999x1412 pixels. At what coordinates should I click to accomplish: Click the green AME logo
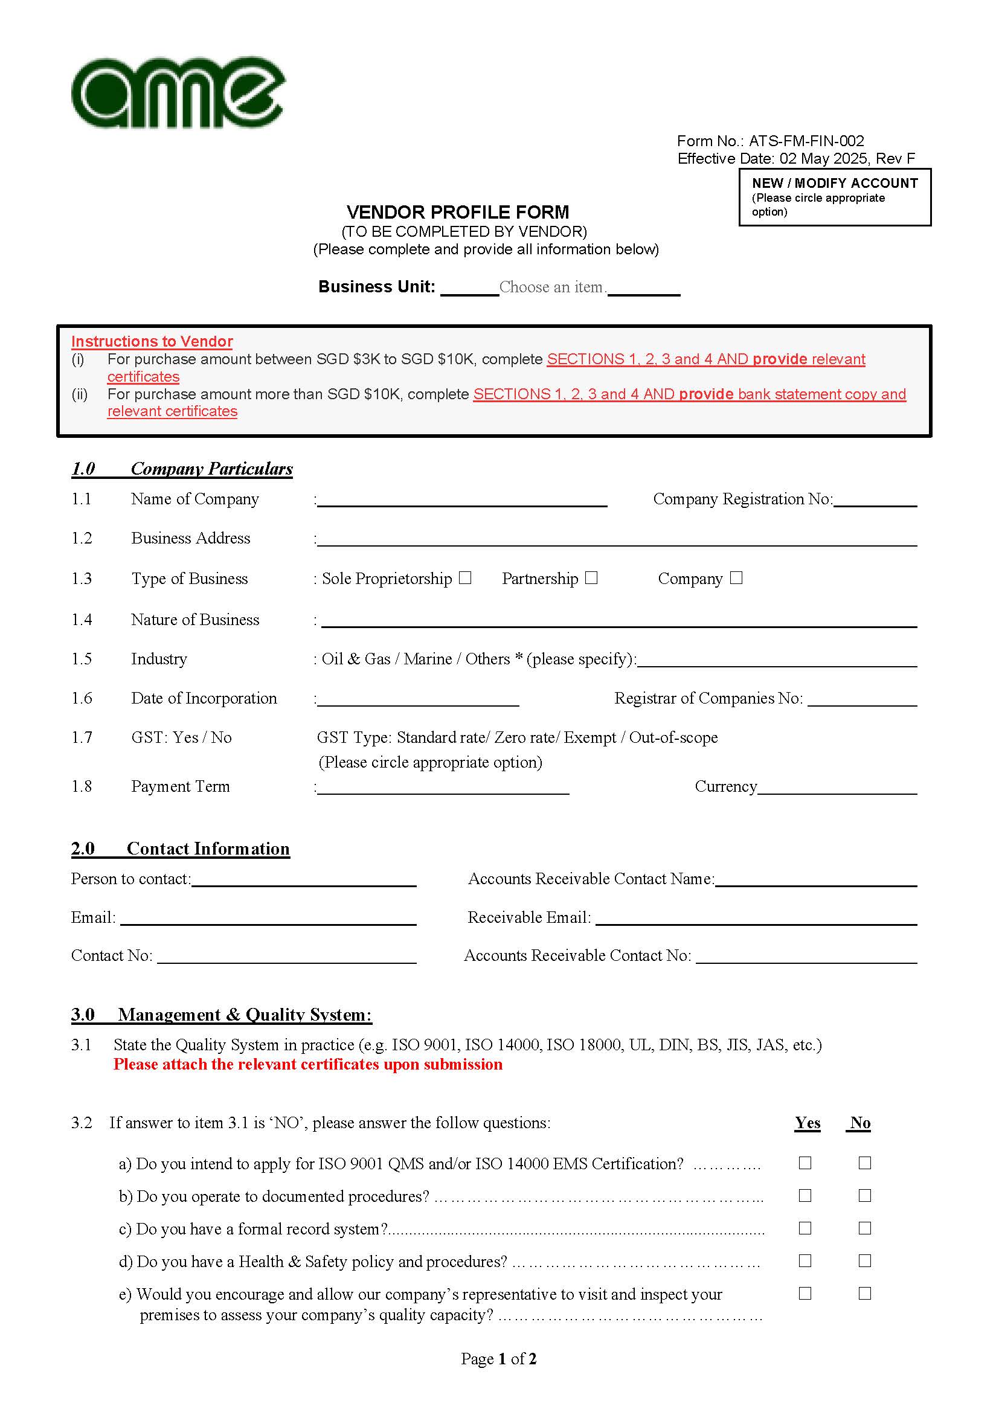click(x=178, y=93)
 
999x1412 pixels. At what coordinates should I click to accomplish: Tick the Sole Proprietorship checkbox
click(x=465, y=577)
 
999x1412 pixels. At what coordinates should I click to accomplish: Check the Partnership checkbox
click(x=591, y=577)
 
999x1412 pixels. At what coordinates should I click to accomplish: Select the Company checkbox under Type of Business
click(x=736, y=577)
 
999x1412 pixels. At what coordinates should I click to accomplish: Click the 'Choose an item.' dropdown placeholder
click(x=553, y=287)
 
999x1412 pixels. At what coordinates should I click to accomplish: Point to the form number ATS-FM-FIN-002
click(x=806, y=141)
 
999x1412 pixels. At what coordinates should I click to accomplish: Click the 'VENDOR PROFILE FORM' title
click(x=458, y=212)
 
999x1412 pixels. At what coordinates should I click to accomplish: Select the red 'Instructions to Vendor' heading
click(x=152, y=341)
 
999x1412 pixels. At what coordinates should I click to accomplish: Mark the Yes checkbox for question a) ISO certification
click(x=805, y=1163)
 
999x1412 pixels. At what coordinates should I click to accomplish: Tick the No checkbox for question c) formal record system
click(x=864, y=1228)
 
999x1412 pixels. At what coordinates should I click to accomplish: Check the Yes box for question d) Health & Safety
click(x=805, y=1260)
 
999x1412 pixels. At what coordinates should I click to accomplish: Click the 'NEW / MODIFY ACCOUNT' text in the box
click(x=834, y=183)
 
